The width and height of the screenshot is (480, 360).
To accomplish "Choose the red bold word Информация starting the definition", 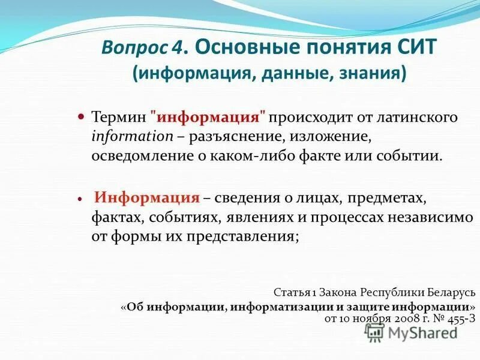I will pos(147,197).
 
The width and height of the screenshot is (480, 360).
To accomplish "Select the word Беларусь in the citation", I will pos(446,293).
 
